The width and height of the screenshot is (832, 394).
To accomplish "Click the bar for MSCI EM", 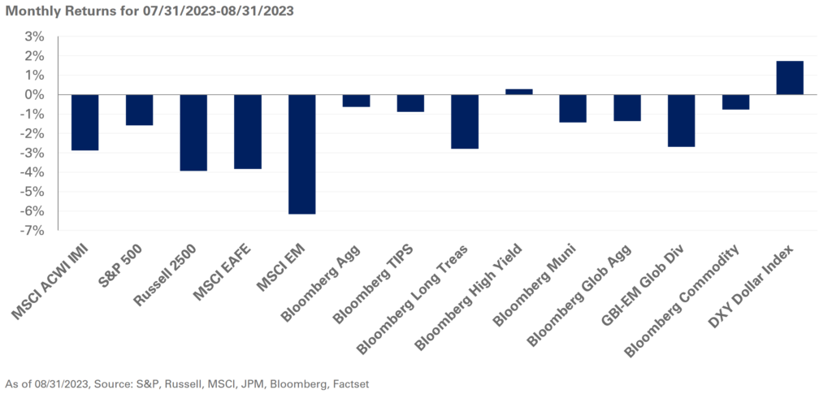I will coord(301,154).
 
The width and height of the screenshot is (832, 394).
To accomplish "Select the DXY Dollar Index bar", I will coord(790,78).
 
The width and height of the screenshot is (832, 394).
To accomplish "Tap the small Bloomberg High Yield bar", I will coord(518,92).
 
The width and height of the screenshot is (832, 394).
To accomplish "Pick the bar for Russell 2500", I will coord(193,132).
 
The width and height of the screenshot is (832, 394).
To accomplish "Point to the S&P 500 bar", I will coord(139,110).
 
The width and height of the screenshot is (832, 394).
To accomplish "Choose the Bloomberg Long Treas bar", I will coord(465,122).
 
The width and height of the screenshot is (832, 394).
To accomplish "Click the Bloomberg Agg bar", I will coord(356,101).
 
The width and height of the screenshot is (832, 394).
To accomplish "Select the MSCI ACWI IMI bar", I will coord(84,123).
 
